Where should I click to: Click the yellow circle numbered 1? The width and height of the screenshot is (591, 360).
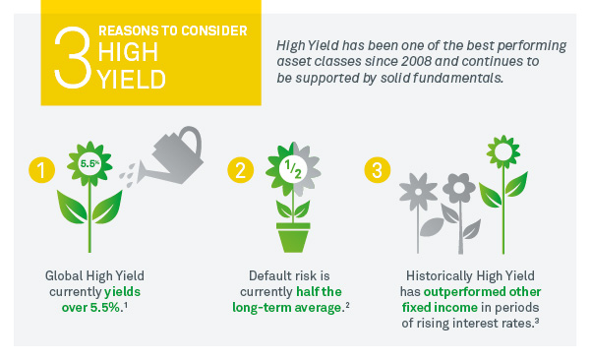tap(38, 170)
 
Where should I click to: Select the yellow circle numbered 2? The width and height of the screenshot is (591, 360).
tap(239, 170)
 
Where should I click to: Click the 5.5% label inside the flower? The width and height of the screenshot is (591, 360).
tap(87, 160)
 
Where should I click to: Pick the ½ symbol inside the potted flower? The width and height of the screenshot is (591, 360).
tap(292, 169)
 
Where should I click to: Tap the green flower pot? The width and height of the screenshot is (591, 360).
tap(292, 238)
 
